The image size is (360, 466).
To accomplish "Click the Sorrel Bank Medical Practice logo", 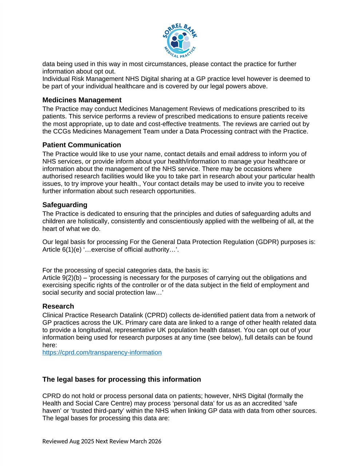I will (180, 40).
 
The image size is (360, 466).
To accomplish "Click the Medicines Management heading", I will (82, 100).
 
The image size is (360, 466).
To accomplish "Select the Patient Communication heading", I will (82, 145).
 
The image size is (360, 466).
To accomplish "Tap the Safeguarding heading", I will (65, 205).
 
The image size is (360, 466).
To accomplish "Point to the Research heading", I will (58, 307).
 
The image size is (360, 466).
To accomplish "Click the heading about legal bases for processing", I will (122, 379).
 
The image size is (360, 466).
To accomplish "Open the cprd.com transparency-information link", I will (102, 352).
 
